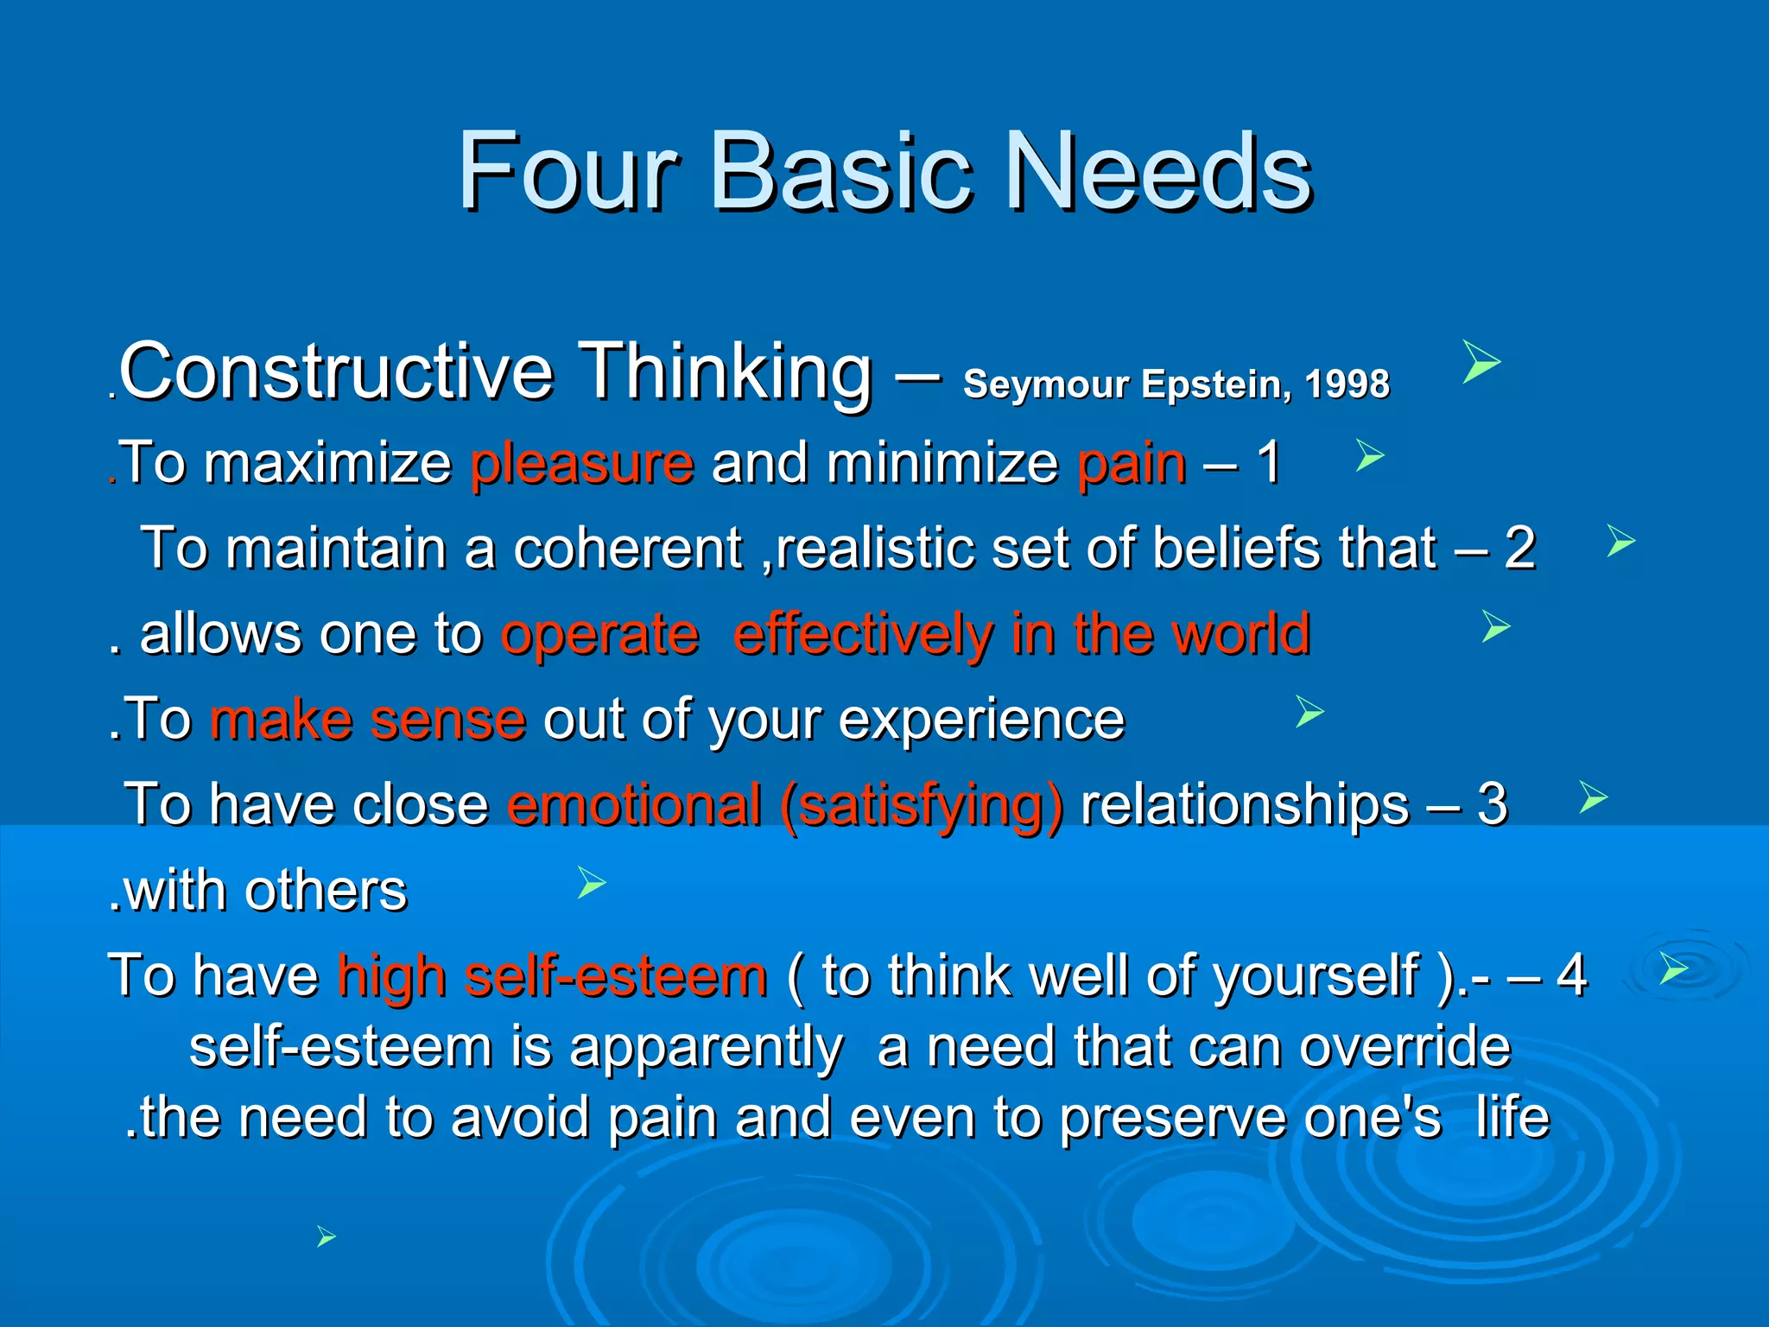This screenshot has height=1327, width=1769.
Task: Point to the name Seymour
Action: point(1045,384)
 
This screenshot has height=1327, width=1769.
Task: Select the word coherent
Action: point(628,549)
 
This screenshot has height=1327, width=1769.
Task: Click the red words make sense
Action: point(368,720)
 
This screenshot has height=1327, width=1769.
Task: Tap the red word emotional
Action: point(635,805)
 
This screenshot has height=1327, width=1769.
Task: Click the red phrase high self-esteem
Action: point(552,976)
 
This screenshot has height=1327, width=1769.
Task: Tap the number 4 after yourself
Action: point(1571,976)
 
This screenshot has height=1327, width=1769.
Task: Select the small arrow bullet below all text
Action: point(326,1237)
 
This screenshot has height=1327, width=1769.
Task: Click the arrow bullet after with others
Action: point(592,883)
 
